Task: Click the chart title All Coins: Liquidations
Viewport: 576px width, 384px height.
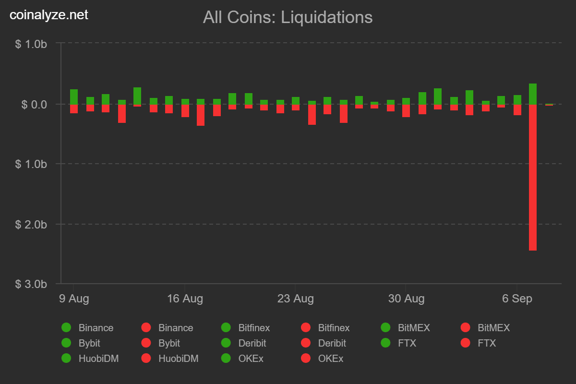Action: (288, 17)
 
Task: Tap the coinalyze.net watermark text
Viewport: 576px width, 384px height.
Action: (49, 15)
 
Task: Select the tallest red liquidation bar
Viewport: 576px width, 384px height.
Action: (533, 177)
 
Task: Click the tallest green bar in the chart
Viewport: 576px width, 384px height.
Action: (533, 94)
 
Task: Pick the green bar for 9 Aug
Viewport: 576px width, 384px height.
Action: (74, 97)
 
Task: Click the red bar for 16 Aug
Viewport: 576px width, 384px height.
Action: (185, 111)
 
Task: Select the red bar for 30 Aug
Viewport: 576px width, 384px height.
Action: (406, 111)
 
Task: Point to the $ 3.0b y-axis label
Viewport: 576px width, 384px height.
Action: (31, 284)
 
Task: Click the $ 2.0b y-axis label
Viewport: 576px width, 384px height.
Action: (31, 224)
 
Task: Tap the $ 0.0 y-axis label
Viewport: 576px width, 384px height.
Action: (34, 104)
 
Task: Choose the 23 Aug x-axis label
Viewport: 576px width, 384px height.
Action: (295, 299)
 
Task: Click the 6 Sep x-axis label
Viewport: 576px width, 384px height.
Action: (517, 299)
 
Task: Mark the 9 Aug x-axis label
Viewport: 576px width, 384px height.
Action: (74, 299)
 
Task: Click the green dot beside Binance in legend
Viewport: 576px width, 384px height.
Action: (66, 328)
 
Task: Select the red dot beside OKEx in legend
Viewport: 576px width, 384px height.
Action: (305, 359)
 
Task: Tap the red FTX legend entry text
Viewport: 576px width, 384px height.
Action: (487, 343)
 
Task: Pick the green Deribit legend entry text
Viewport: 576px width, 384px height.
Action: (252, 343)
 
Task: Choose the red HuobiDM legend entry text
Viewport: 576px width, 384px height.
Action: (178, 359)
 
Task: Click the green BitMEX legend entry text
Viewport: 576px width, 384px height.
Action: (414, 328)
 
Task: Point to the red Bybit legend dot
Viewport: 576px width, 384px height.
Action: (146, 343)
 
